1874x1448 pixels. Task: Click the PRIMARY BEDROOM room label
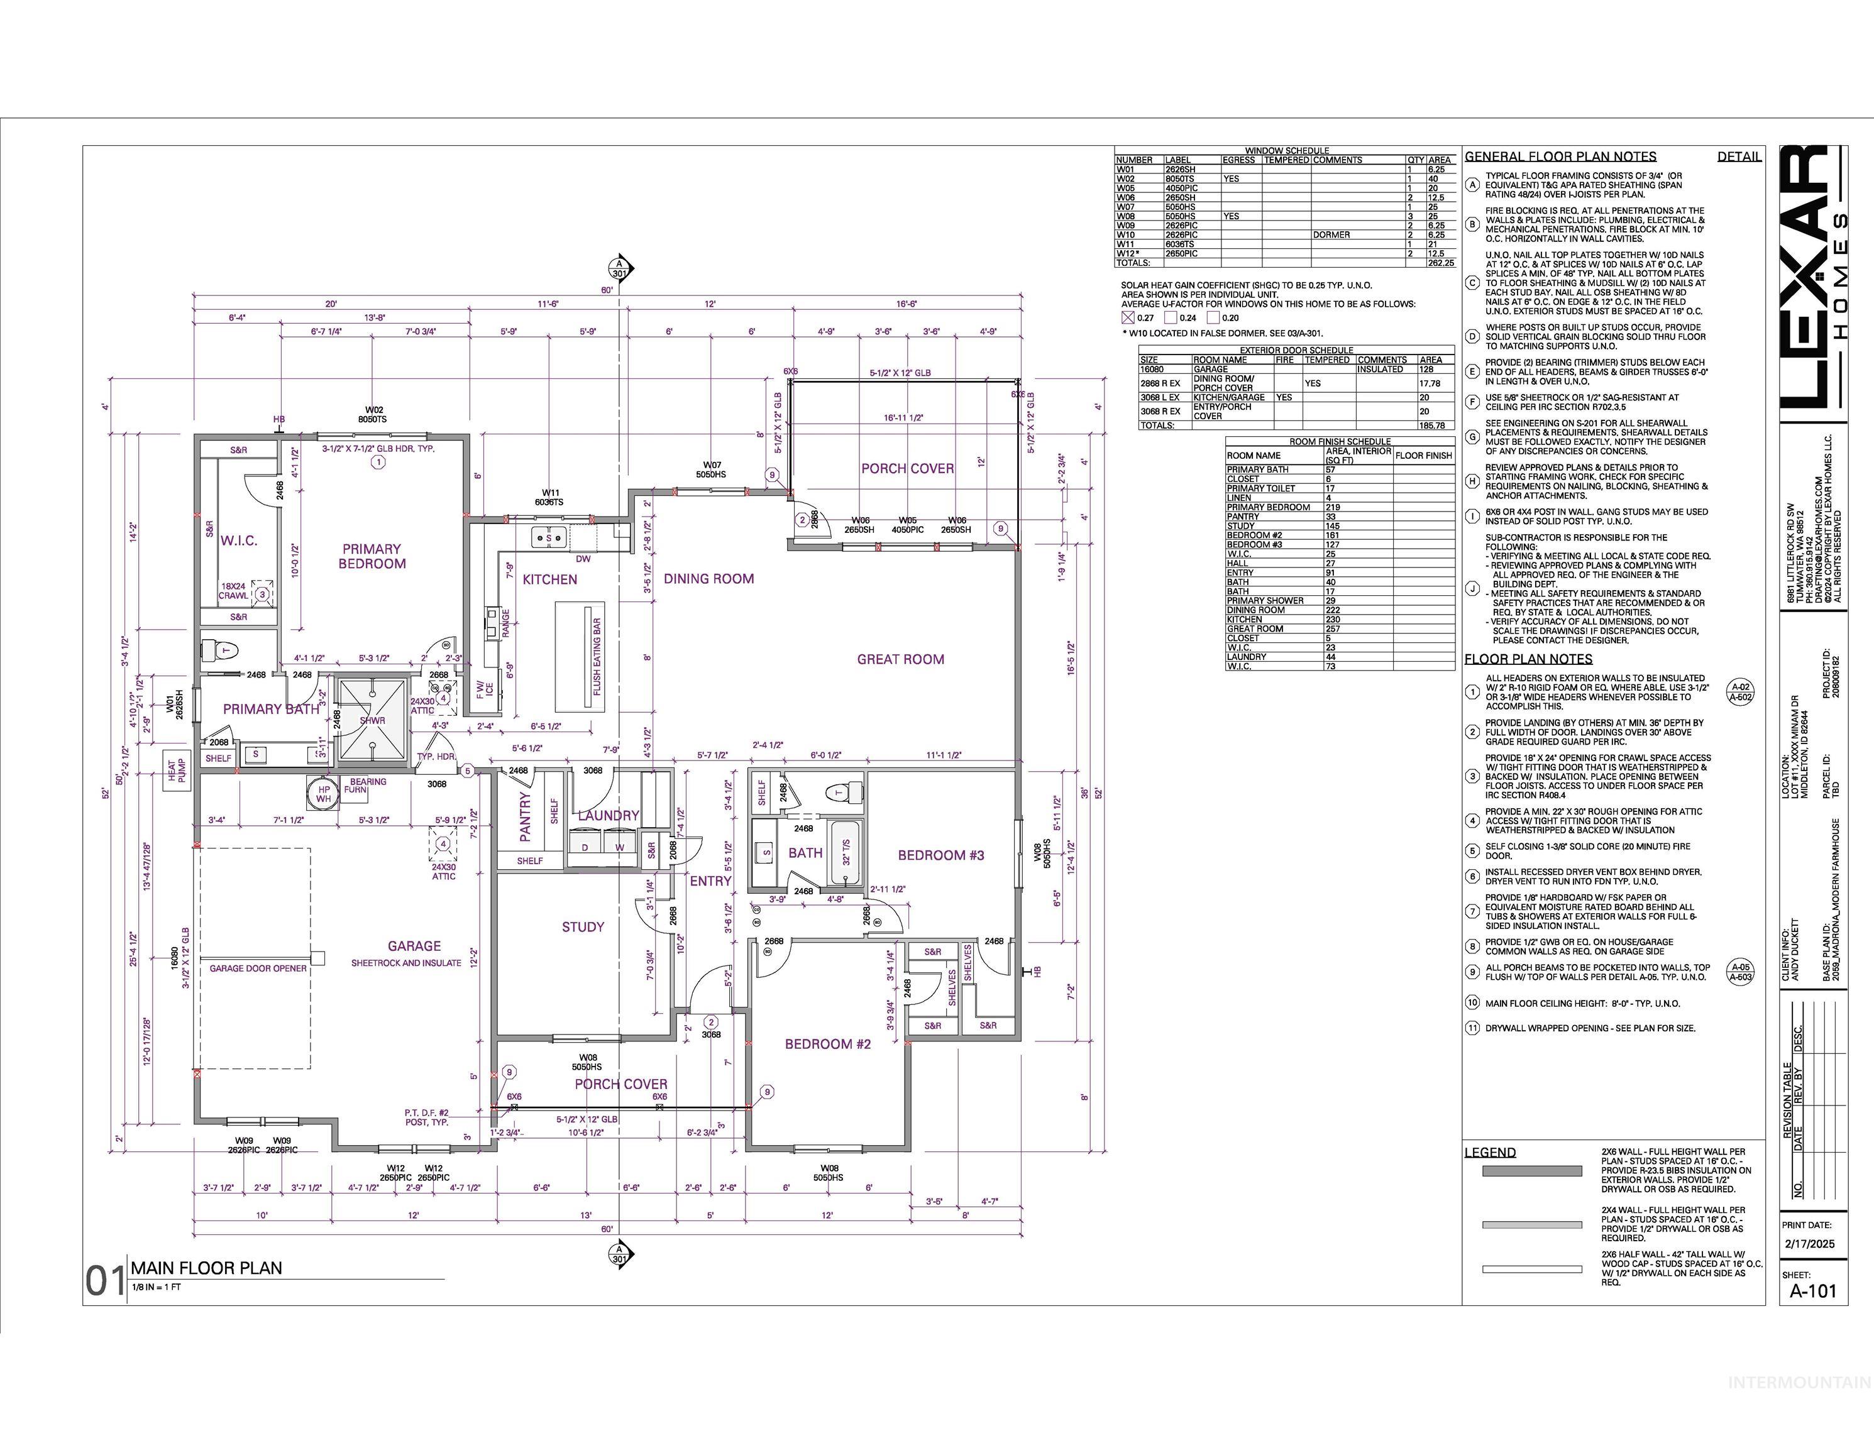pyautogui.click(x=372, y=556)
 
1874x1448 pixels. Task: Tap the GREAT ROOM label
pyautogui.click(x=900, y=659)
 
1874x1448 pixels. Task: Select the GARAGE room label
pyautogui.click(x=414, y=945)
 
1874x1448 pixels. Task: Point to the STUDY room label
pyautogui.click(x=583, y=926)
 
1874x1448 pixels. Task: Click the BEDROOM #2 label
pyautogui.click(x=827, y=1043)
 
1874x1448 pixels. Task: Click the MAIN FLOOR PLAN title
pyautogui.click(x=206, y=1268)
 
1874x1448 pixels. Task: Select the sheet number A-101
pyautogui.click(x=1813, y=1315)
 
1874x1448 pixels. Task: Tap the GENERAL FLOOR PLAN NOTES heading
pyautogui.click(x=1560, y=157)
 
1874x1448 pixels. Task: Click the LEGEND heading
pyautogui.click(x=1490, y=1152)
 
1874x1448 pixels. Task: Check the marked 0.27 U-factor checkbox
pyautogui.click(x=1128, y=317)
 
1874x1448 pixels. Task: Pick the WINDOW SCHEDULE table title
pyautogui.click(x=1286, y=150)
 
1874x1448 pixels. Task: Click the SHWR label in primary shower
pyautogui.click(x=372, y=721)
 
